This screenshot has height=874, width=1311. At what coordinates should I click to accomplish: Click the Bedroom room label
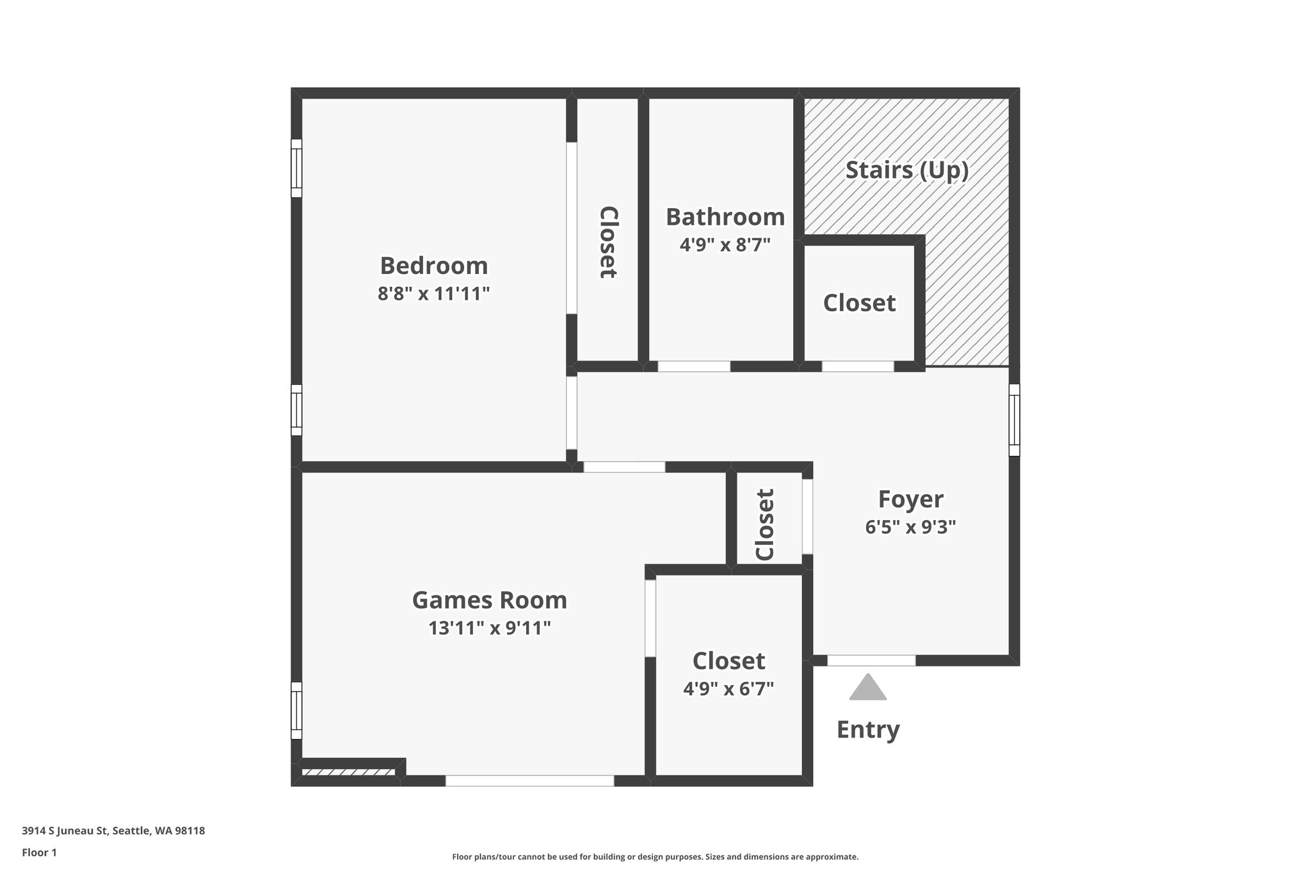(433, 266)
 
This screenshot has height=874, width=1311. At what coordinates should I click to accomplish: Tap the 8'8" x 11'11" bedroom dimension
(433, 294)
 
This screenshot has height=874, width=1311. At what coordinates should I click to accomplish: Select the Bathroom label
(725, 217)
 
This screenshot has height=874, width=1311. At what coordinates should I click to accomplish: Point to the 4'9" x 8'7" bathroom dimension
(725, 245)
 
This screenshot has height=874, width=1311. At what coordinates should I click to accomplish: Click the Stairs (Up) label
(906, 170)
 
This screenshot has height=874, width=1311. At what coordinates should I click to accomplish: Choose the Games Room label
(490, 601)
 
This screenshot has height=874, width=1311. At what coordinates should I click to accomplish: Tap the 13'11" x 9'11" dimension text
(490, 628)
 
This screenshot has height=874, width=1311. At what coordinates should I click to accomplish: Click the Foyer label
(910, 499)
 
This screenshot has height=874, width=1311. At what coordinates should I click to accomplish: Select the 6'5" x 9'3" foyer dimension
(910, 527)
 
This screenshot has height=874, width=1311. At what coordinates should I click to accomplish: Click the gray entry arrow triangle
(868, 688)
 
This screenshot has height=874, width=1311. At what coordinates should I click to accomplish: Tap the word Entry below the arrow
(868, 729)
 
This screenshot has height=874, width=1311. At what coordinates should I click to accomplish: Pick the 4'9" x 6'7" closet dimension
(728, 689)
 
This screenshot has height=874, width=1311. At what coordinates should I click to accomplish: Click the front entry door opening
(871, 660)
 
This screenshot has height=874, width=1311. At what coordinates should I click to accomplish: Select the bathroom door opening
(694, 366)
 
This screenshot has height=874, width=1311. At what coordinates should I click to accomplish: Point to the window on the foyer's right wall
(1014, 419)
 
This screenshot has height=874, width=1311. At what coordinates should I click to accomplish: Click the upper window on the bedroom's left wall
(296, 168)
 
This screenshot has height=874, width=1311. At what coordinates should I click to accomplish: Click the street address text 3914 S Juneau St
(113, 831)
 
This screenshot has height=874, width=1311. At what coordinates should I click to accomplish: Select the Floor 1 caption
(40, 852)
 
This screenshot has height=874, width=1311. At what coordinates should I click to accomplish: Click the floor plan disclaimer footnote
(655, 857)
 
